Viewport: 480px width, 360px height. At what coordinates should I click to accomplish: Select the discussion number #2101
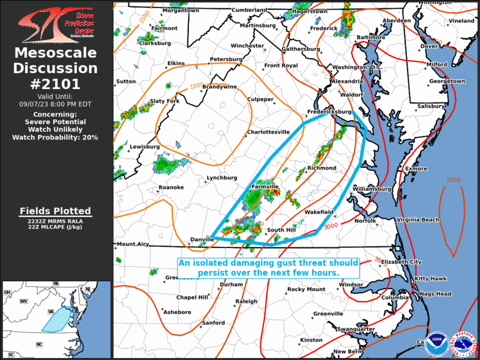click(55, 84)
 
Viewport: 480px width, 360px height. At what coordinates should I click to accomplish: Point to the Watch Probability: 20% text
click(55, 137)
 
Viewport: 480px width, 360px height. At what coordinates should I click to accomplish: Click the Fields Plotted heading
click(55, 210)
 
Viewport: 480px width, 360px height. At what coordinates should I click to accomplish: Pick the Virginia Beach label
click(418, 220)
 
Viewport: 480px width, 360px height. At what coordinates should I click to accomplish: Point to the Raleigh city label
click(246, 301)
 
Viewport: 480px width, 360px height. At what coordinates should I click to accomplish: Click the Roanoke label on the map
click(171, 187)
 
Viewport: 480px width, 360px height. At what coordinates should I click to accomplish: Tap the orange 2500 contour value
click(453, 180)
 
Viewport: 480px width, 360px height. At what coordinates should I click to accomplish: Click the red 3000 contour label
click(330, 225)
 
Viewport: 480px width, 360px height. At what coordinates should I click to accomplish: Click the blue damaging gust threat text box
click(268, 268)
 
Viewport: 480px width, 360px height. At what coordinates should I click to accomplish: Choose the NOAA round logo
click(436, 343)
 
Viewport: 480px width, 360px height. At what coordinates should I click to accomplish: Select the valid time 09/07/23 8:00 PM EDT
click(55, 103)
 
